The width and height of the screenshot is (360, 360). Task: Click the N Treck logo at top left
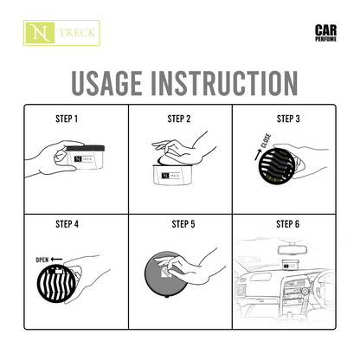click(x=61, y=35)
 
